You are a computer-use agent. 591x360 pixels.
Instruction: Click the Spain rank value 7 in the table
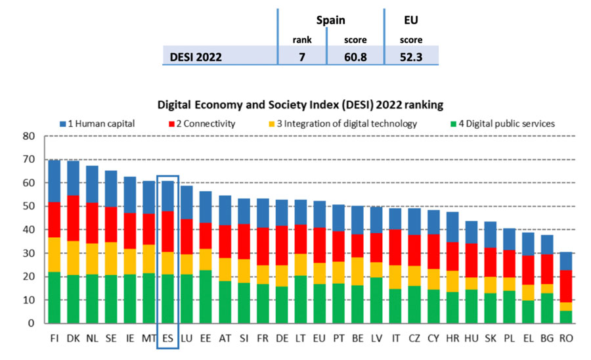(302, 56)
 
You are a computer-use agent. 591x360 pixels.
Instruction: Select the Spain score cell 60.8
(355, 56)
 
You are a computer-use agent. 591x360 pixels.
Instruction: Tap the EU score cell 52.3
(410, 56)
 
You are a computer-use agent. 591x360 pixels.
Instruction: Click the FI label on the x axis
(54, 338)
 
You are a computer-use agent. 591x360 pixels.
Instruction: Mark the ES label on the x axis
(167, 338)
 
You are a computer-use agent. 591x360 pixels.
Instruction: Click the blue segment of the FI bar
(54, 181)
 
